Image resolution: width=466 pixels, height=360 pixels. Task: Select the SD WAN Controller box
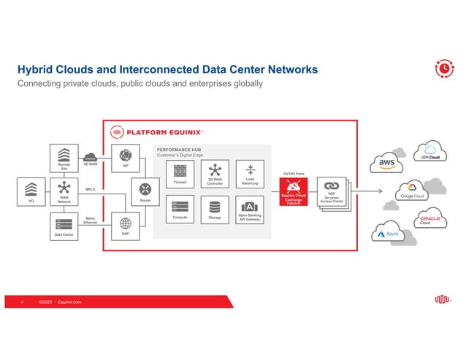(215, 173)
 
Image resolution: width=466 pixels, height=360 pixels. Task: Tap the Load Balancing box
(249, 173)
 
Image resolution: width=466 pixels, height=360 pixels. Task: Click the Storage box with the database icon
(215, 209)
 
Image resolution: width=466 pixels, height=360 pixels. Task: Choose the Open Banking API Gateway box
(249, 209)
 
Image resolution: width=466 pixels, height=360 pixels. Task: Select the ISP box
(125, 157)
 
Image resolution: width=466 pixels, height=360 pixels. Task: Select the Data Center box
(64, 226)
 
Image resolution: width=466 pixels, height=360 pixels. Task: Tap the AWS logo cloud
(386, 161)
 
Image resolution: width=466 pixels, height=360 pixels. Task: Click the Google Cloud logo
(412, 196)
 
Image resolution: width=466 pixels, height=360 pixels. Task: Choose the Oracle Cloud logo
(429, 221)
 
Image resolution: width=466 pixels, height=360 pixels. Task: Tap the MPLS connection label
(91, 189)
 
